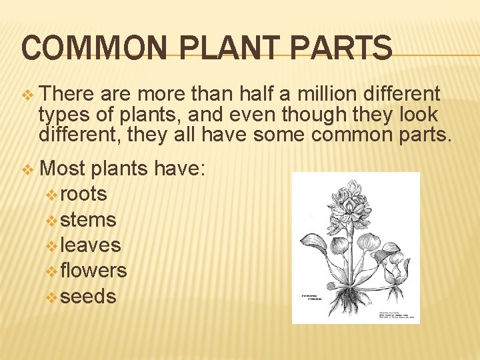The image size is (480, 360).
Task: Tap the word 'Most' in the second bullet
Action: [63, 169]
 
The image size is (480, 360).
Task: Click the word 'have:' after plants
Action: [181, 169]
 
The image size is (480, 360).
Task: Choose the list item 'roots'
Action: [83, 194]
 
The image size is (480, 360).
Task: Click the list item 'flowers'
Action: [93, 271]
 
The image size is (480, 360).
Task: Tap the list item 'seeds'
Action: [88, 296]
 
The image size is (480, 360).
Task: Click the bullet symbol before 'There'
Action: [27, 95]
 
